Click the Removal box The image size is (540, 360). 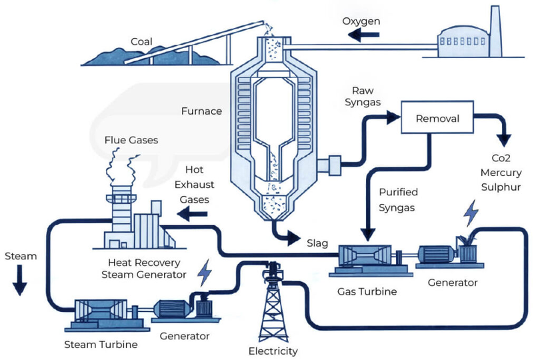[x=437, y=120]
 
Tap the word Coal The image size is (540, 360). [x=141, y=41]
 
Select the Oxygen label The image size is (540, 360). [x=361, y=21]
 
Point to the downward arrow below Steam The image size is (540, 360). [x=20, y=283]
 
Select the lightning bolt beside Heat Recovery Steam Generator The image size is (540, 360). [x=205, y=272]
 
